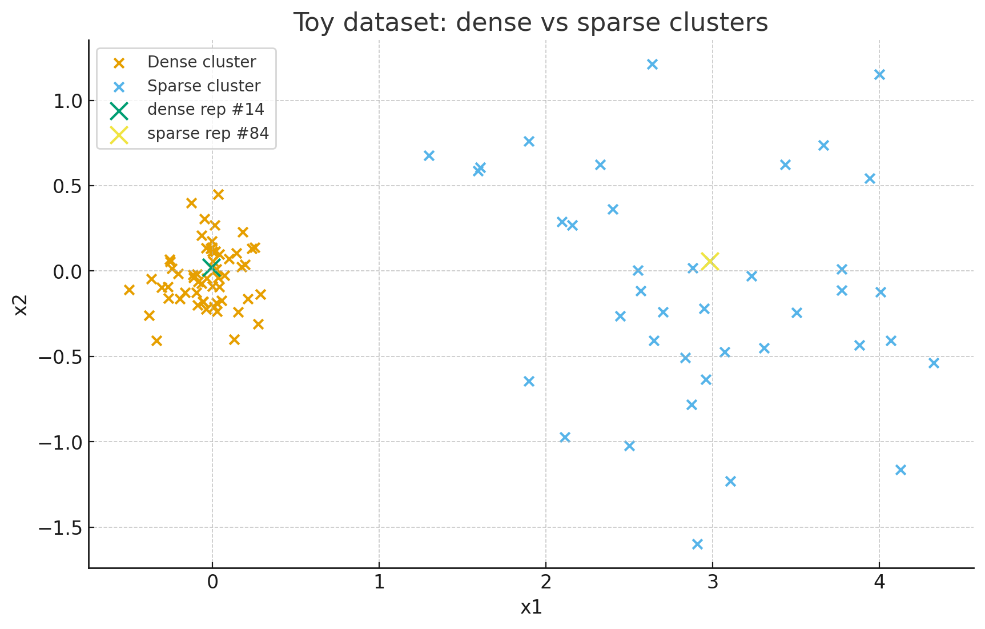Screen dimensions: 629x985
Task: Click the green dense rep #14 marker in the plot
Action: point(212,266)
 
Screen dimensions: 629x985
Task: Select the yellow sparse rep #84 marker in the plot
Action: point(710,261)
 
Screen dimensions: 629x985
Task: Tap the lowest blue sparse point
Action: point(697,544)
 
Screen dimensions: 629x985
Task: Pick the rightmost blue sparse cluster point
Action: point(934,363)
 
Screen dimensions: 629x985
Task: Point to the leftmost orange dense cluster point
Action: point(129,290)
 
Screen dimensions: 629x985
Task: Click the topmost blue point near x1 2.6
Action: point(652,64)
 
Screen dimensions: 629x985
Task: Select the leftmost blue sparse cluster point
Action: point(429,155)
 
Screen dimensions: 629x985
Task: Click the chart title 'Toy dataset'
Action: point(530,23)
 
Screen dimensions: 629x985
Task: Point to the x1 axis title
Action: point(531,607)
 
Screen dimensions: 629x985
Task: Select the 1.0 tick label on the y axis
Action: point(67,101)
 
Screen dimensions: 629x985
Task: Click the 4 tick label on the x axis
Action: point(879,582)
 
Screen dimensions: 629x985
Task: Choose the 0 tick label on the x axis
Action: point(212,582)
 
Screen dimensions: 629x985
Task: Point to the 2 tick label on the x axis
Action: point(546,582)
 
